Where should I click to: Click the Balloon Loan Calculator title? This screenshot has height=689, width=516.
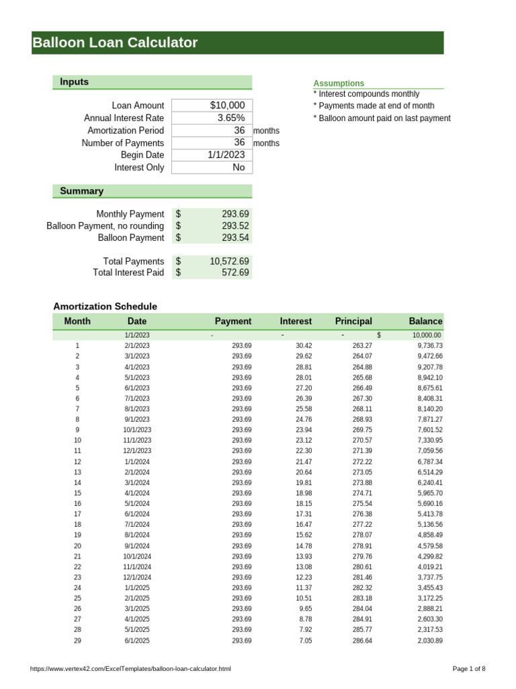tap(116, 43)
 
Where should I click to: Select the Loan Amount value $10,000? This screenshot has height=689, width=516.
tap(227, 106)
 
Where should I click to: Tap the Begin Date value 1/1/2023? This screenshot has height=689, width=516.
tap(226, 155)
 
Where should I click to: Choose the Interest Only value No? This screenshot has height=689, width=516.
tap(239, 168)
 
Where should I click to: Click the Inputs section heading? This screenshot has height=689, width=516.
tap(75, 82)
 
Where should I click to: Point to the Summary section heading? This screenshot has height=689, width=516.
tap(82, 191)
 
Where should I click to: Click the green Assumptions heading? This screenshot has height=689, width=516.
tap(339, 83)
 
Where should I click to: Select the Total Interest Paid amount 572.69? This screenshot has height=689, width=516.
tap(235, 273)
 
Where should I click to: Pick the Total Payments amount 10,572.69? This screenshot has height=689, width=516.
tap(229, 261)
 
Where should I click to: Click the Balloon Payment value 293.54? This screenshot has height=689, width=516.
tap(235, 238)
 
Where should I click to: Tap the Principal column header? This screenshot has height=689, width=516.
tap(353, 322)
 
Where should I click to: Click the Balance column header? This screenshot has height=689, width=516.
tap(425, 322)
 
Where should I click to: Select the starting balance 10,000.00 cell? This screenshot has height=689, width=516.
tap(427, 335)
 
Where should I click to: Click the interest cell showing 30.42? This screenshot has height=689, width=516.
tap(304, 346)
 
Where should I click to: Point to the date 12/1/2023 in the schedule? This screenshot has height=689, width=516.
tap(137, 451)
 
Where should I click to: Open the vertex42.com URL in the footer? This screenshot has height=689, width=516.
tap(131, 669)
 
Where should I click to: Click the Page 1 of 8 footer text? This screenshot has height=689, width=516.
tap(468, 669)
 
